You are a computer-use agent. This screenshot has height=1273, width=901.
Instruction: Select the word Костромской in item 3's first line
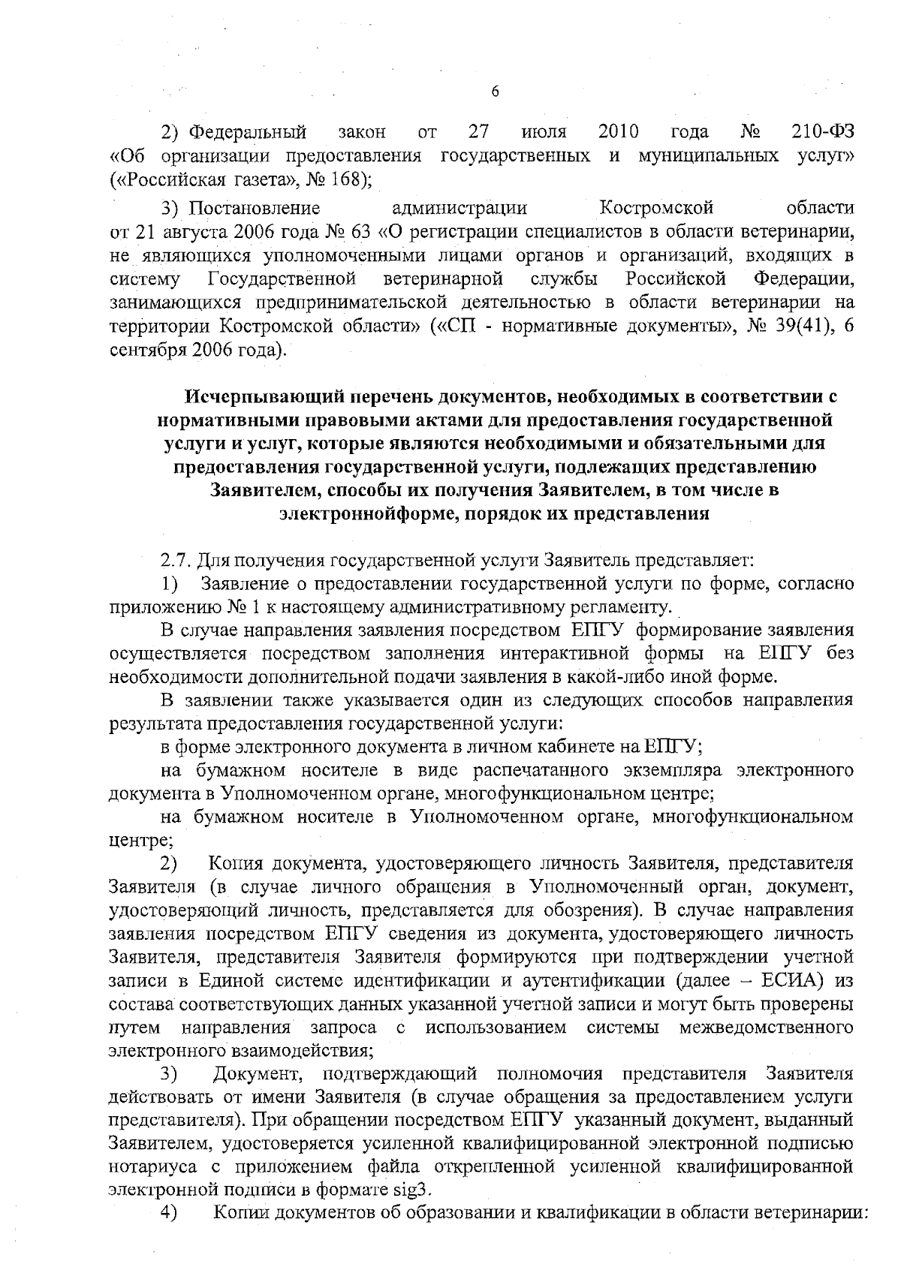[657, 207]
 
